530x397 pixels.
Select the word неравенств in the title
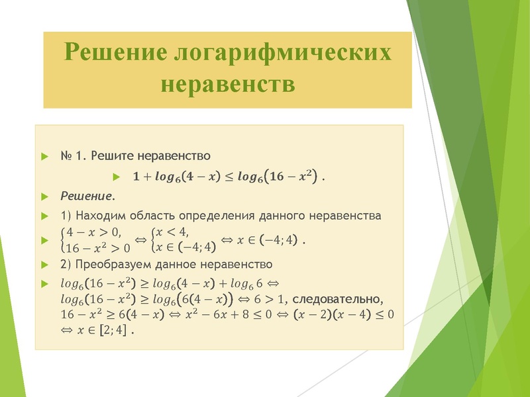pyautogui.click(x=227, y=85)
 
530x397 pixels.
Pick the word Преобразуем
pyautogui.click(x=111, y=265)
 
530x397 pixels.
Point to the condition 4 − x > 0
pyautogui.click(x=91, y=232)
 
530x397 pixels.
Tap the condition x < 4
pyautogui.click(x=172, y=232)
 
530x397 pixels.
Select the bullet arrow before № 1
pyautogui.click(x=44, y=157)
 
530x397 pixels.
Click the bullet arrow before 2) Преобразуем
pyautogui.click(x=44, y=265)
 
